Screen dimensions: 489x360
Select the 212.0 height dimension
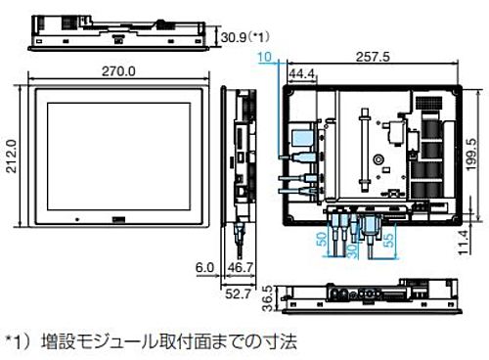(x=12, y=155)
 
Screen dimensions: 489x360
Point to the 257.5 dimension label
(x=374, y=58)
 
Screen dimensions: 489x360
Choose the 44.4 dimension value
(x=301, y=74)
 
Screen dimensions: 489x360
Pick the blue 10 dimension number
(x=265, y=59)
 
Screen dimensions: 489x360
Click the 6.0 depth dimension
(x=203, y=266)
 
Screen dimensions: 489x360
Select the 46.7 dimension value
(x=240, y=266)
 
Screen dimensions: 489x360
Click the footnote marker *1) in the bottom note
(x=21, y=341)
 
